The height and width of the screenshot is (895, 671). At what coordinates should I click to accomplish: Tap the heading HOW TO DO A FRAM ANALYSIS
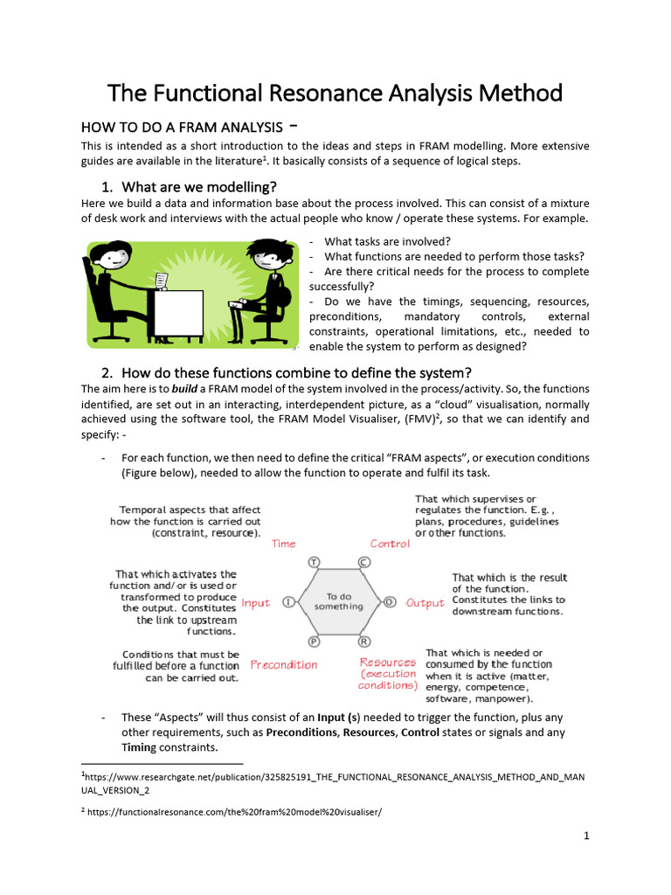(x=182, y=128)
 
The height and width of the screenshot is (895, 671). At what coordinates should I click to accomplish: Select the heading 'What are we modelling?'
(x=199, y=187)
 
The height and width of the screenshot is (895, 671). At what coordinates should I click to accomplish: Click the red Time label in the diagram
(x=284, y=544)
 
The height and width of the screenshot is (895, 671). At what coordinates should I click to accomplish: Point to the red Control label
(x=390, y=544)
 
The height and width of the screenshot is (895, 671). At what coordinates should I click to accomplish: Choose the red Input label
(x=256, y=603)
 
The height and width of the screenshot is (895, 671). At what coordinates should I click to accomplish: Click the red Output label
(x=425, y=603)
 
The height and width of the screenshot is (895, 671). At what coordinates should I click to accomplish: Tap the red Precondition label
(x=284, y=665)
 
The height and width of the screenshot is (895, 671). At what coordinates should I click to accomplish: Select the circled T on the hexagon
(x=314, y=562)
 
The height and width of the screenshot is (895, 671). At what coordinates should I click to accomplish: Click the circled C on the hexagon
(x=364, y=562)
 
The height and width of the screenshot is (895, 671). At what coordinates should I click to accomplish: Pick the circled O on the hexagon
(x=390, y=602)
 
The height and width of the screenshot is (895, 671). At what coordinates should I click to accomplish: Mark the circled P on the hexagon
(x=314, y=642)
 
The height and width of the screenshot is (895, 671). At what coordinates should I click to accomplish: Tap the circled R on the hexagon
(x=364, y=642)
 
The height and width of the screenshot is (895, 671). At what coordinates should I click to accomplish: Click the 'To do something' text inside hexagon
(x=339, y=601)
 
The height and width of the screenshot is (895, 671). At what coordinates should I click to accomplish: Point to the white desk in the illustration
(x=178, y=314)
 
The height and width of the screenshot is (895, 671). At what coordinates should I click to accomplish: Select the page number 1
(x=586, y=836)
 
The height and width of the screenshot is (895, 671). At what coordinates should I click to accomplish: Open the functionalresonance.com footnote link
(x=234, y=812)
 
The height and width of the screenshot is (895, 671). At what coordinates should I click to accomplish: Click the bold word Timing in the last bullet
(x=139, y=747)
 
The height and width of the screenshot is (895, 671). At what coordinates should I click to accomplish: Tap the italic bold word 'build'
(x=184, y=389)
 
